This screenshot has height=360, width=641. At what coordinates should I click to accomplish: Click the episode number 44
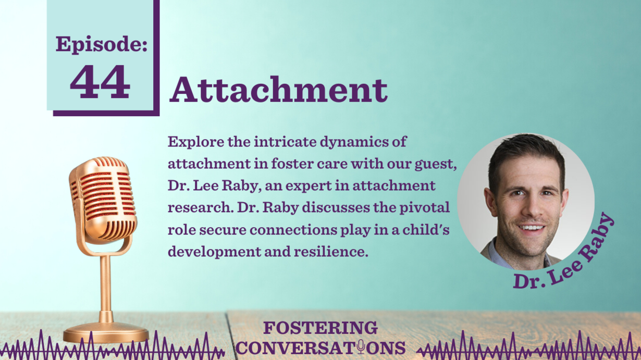100,82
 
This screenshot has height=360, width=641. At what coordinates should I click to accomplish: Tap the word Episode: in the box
102,44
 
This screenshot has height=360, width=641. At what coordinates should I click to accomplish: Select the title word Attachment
278,90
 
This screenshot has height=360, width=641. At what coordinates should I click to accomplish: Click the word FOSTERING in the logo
320,328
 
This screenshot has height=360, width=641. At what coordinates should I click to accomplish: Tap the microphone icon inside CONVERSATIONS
361,347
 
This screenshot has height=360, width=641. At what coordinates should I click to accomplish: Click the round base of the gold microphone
106,333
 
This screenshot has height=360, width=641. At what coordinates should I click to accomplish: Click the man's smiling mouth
532,229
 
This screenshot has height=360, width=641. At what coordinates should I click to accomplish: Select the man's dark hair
526,157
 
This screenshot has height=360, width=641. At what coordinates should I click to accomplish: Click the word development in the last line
215,252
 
